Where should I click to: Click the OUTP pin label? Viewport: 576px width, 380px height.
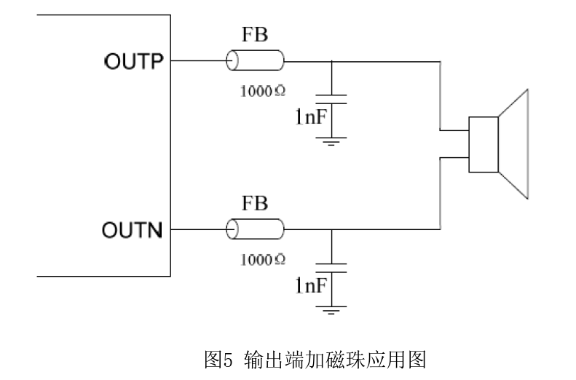pyautogui.click(x=136, y=61)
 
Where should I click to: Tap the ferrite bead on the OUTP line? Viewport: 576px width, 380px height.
pyautogui.click(x=255, y=60)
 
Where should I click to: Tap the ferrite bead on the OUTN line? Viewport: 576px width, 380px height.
pyautogui.click(x=255, y=230)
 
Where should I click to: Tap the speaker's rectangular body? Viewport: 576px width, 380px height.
pyautogui.click(x=483, y=144)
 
